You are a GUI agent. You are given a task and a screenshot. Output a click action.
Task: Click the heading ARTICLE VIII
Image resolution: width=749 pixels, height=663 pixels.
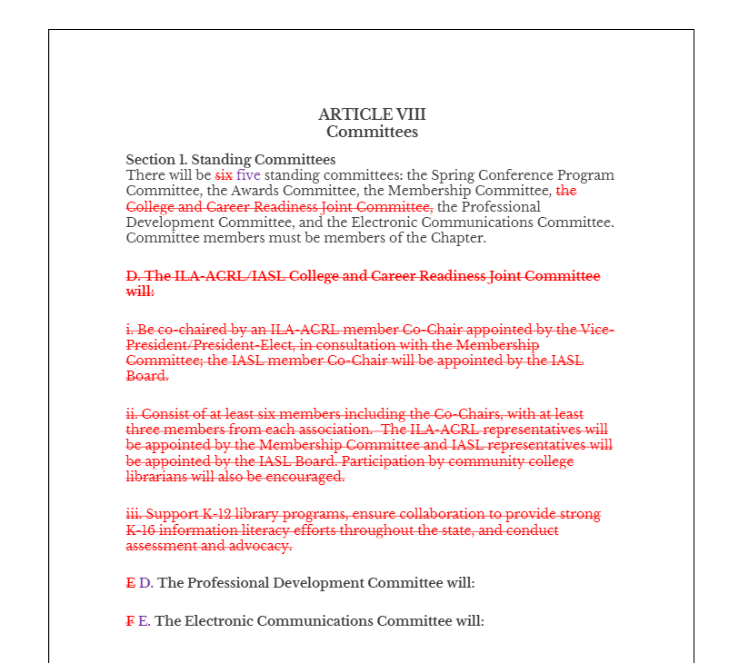pos(372,114)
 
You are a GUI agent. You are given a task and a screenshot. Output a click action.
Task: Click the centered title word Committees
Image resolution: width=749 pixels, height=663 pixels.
pos(372,132)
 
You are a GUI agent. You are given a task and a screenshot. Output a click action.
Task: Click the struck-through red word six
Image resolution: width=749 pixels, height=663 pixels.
pos(224,175)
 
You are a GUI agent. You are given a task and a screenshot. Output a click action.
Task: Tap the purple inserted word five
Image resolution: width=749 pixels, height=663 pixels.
pos(248,175)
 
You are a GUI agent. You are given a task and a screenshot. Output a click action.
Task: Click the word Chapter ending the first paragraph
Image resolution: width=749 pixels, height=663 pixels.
pos(457,238)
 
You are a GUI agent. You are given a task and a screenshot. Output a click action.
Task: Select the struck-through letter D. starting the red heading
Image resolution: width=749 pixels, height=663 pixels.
pos(133,276)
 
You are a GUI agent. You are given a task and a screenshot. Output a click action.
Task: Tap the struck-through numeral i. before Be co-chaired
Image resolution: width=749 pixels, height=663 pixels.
pos(129,330)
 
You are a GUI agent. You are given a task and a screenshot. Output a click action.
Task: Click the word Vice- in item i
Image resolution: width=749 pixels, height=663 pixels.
pos(595,330)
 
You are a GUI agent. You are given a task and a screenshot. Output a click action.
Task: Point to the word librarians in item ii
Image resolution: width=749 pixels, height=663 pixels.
pos(155,477)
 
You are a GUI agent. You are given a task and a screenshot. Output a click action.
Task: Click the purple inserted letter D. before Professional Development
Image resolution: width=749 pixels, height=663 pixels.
pos(145,583)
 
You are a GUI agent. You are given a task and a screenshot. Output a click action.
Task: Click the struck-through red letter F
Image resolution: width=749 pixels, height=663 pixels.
pos(128,621)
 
